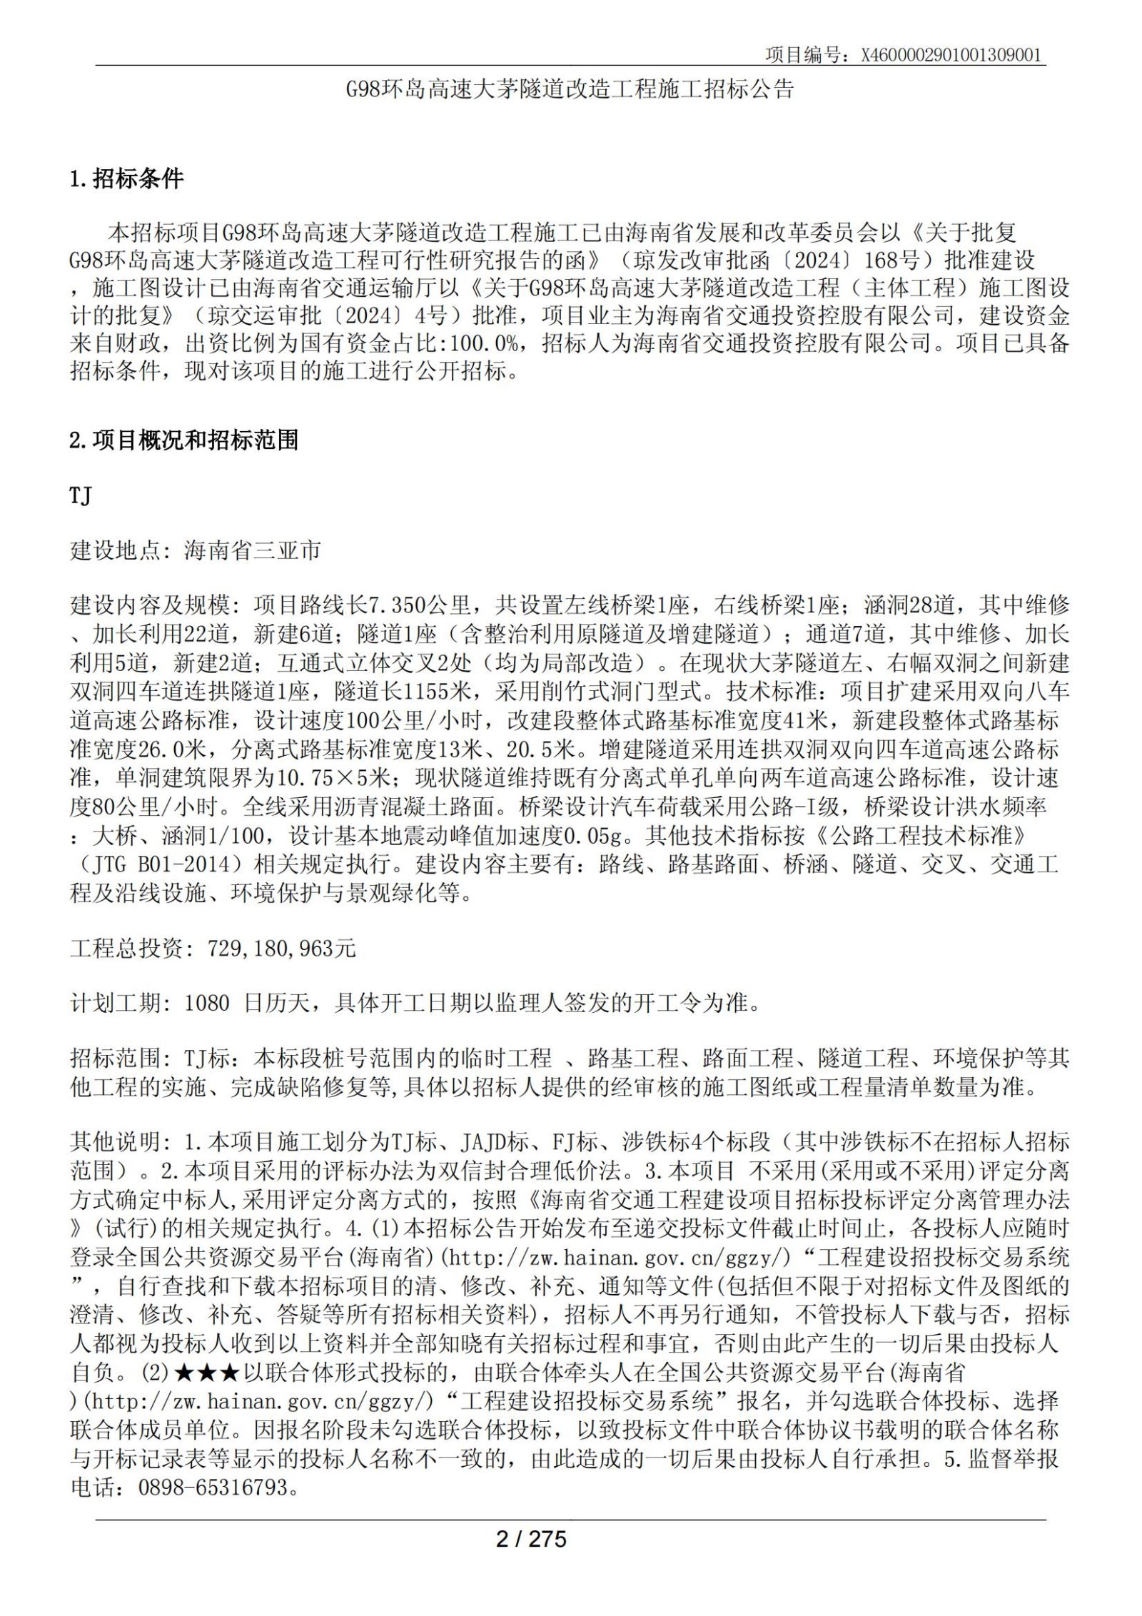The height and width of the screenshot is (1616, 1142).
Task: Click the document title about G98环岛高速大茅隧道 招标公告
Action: pyautogui.click(x=570, y=89)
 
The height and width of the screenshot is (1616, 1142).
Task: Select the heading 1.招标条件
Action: pyautogui.click(x=126, y=178)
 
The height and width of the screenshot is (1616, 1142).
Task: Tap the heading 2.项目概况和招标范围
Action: pyautogui.click(x=183, y=440)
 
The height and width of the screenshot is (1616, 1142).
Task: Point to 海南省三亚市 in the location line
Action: pyautogui.click(x=252, y=550)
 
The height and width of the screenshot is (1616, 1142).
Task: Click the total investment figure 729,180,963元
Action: pyautogui.click(x=281, y=949)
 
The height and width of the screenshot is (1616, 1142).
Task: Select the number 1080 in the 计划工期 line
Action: pyautogui.click(x=207, y=1004)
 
